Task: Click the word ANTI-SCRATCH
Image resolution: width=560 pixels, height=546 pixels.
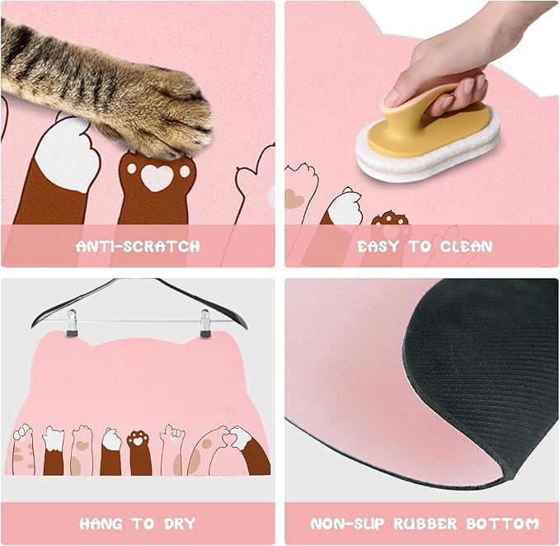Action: click(138, 246)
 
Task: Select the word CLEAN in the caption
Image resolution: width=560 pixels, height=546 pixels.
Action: click(464, 246)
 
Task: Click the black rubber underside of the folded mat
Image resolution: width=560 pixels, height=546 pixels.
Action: click(487, 363)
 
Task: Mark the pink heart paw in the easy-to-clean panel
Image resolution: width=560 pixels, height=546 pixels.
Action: click(294, 198)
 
